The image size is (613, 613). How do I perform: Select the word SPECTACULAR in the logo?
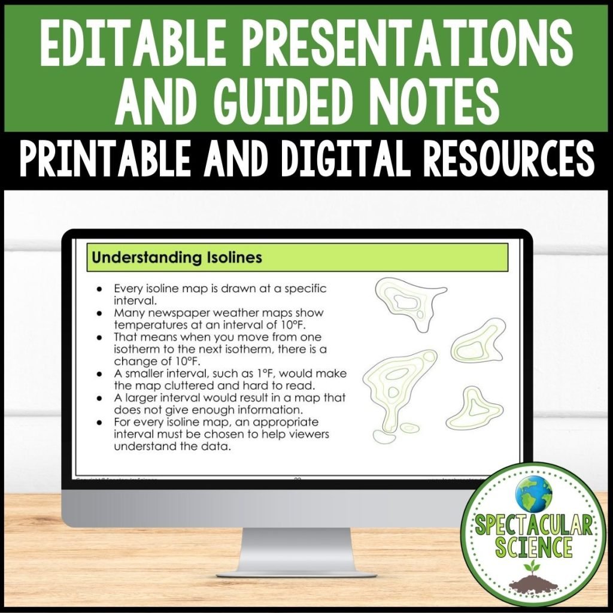pyautogui.click(x=535, y=527)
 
